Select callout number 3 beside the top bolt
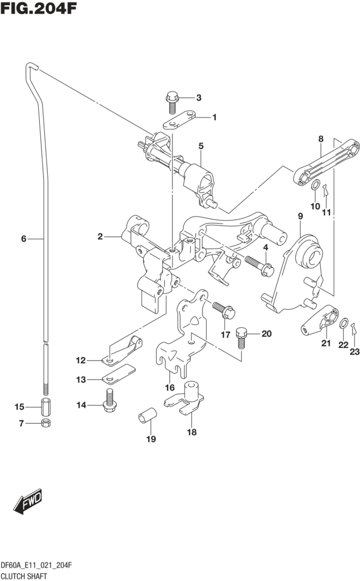click(x=199, y=98)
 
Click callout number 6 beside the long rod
click(x=24, y=239)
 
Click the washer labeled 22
click(x=344, y=323)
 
